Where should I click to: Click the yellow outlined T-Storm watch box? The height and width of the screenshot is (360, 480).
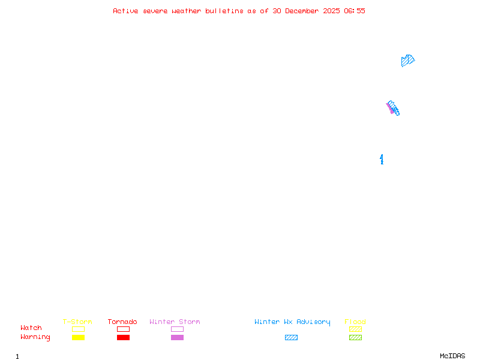pos(78,329)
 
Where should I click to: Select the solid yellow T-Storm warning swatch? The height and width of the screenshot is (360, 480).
pos(78,337)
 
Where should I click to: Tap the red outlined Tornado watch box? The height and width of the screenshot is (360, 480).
pos(123,329)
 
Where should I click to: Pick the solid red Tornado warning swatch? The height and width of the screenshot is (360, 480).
pos(123,337)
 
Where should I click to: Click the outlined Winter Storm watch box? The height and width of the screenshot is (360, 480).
pos(177,329)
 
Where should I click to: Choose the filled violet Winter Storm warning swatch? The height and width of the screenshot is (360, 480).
pos(177,337)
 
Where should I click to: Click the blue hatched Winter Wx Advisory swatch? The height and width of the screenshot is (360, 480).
pos(291,337)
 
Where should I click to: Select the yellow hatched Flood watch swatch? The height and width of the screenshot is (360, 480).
pos(355,329)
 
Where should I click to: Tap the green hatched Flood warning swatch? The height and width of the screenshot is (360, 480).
pos(355,337)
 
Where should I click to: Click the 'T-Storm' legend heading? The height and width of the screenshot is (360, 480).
pos(77,322)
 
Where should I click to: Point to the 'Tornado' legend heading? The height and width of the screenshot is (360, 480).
pos(122,322)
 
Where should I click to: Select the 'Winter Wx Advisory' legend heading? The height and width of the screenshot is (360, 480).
pos(292,322)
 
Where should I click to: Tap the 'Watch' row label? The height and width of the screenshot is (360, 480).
pos(31,328)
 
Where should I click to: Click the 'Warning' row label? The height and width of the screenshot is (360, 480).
pos(35,337)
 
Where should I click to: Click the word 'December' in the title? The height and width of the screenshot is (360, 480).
pos(305,11)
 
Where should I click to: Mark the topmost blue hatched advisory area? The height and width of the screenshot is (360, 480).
pos(407,61)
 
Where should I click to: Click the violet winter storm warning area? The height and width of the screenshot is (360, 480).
pos(390,109)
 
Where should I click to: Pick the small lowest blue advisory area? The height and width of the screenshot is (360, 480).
pos(382,159)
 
